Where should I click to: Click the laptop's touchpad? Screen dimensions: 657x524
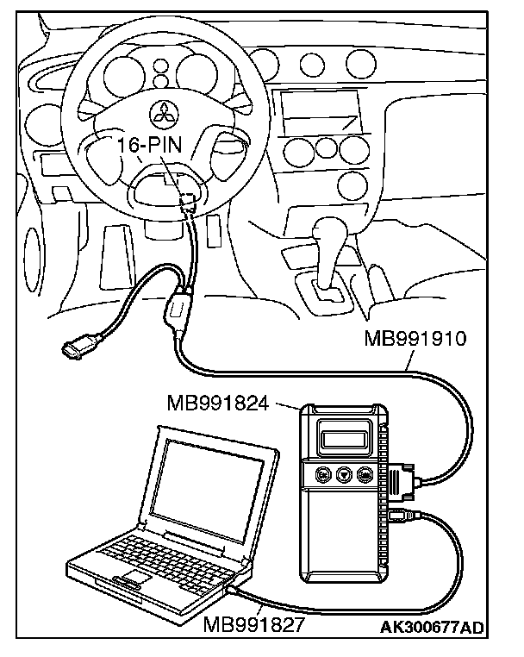coord(135,576)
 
